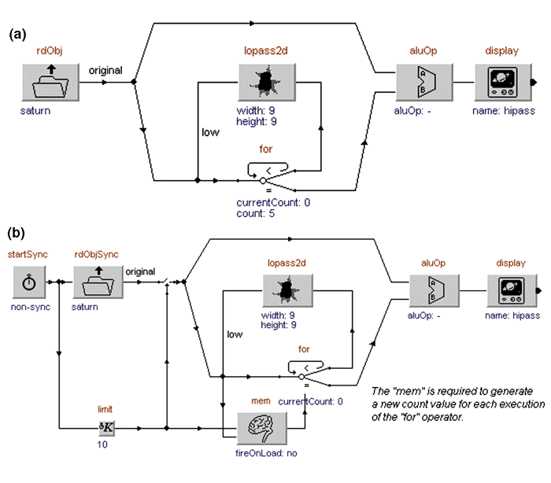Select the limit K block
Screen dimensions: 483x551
[x=106, y=429]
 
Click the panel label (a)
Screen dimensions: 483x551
[x=17, y=34]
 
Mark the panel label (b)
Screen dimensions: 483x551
[x=17, y=234]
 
